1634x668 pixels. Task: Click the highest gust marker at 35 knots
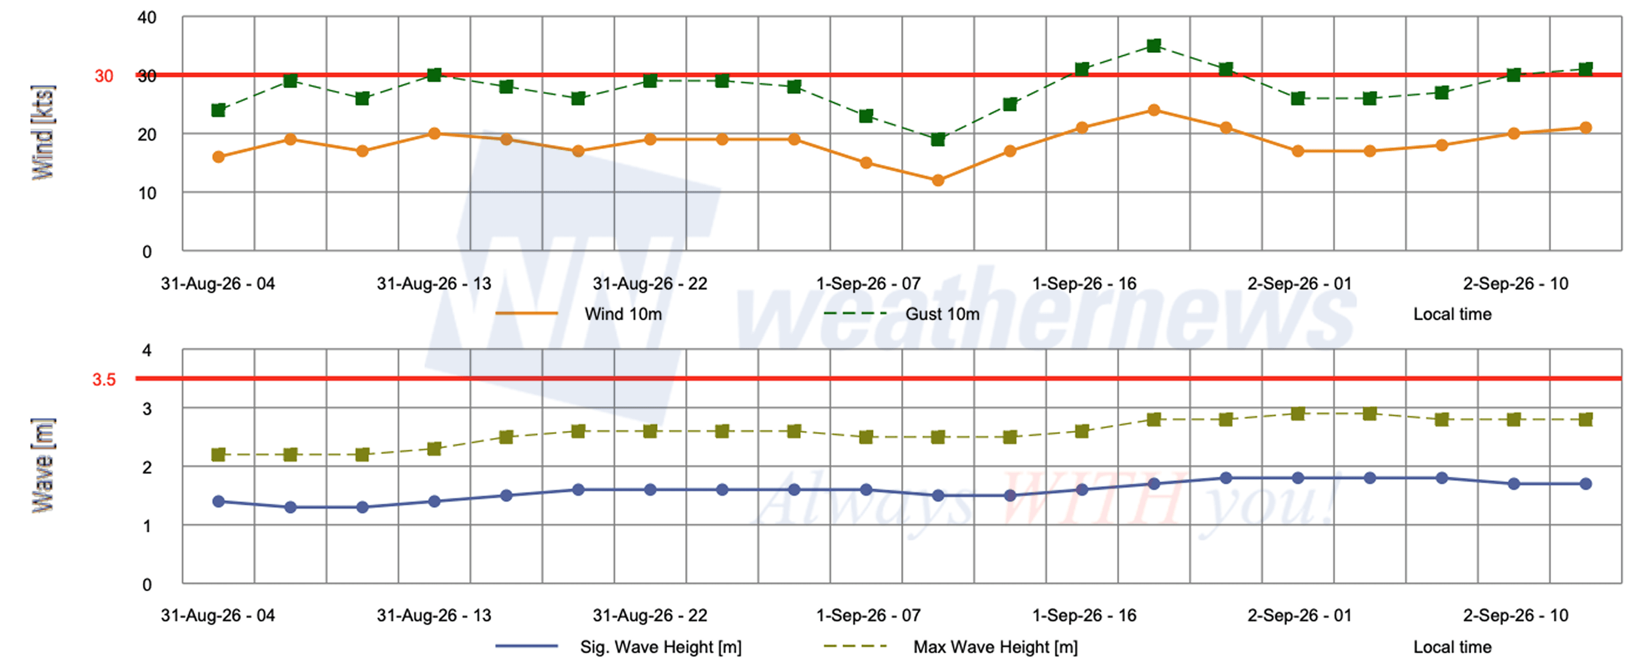1154,46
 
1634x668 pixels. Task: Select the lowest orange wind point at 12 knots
938,181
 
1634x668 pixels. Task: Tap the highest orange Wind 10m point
1154,110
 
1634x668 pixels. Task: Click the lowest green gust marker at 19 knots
938,139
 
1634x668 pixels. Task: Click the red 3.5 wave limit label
104,380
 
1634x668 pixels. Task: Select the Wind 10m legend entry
578,314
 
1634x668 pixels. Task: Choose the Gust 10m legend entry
901,314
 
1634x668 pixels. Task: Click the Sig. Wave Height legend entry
619,647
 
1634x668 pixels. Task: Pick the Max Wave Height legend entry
950,647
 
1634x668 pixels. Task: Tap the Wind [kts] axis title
43,132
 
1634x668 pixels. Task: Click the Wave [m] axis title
43,465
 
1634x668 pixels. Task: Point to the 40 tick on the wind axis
147,18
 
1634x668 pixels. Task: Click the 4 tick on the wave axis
147,351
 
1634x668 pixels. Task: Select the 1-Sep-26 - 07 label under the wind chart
867,283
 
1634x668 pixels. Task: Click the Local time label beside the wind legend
1452,314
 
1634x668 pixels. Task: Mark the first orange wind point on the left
218,157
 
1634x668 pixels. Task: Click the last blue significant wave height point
1585,483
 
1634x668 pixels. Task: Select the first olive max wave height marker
218,454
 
